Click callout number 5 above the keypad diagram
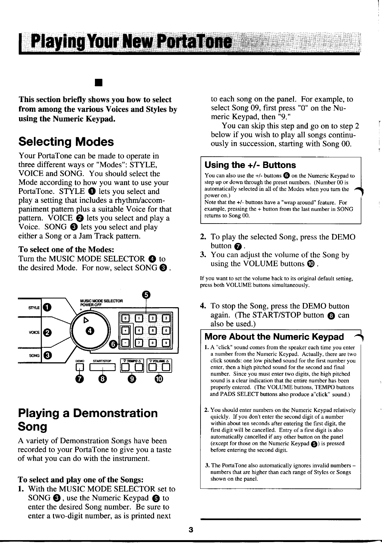point(146,294)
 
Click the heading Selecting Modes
point(66,141)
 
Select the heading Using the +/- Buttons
point(250,165)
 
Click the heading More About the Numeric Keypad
point(274,337)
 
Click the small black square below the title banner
point(96,83)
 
